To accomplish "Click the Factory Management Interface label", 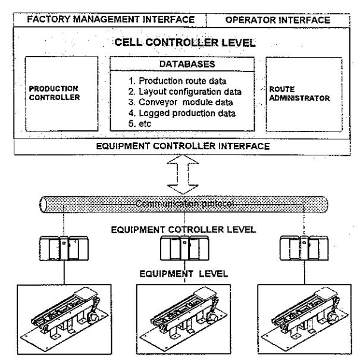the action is click(x=111, y=20).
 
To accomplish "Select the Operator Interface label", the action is click(x=278, y=20).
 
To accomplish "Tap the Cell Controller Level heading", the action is click(x=185, y=43).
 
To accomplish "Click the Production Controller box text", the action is click(x=54, y=93).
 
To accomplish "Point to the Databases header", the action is click(x=187, y=64).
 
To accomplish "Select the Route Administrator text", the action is click(x=299, y=94).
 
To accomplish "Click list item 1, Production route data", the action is click(x=177, y=81).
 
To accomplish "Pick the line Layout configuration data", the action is click(x=184, y=92).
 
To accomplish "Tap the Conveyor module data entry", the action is click(x=180, y=102).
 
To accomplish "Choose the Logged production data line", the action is click(x=182, y=113).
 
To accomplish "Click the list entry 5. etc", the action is click(x=140, y=124).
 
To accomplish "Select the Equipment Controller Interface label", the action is click(x=183, y=146).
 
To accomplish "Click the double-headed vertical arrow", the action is click(x=183, y=174).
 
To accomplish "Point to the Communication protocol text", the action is click(x=184, y=204).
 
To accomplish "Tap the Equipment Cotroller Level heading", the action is click(x=184, y=230).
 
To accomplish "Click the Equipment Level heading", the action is click(x=184, y=274).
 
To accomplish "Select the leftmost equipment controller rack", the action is click(x=64, y=248).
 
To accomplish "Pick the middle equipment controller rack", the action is click(x=184, y=248).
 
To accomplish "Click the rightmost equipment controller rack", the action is click(x=304, y=248).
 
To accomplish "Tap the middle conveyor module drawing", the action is click(x=183, y=320).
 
